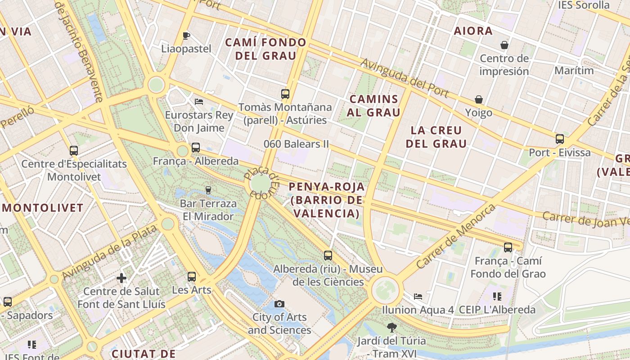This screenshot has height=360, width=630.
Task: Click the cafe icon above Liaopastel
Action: [186, 36]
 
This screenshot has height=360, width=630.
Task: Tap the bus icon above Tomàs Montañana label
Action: [285, 94]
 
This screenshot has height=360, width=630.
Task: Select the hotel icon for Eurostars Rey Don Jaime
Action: [199, 102]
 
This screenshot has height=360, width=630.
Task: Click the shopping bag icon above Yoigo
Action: [479, 99]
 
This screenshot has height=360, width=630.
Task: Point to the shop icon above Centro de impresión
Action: [504, 45]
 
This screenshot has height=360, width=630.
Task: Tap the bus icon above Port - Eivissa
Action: [560, 139]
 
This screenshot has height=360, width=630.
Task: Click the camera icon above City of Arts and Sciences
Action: [279, 304]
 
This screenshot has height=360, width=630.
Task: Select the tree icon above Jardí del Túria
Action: [392, 328]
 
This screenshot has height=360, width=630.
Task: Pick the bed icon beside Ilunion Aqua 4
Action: [418, 297]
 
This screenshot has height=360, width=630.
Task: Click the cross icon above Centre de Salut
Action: [121, 278]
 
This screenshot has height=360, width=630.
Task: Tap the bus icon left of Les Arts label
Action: [192, 277]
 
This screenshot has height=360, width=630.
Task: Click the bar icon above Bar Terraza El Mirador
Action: [208, 190]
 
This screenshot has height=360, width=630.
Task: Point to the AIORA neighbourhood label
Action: [473, 31]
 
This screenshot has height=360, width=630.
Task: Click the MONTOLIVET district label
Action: [43, 208]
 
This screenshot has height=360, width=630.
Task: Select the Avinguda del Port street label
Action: [405, 78]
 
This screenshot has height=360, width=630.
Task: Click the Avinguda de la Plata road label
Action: [109, 252]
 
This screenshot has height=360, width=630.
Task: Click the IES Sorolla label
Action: [584, 5]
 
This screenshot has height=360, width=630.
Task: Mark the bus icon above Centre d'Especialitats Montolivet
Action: [74, 151]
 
